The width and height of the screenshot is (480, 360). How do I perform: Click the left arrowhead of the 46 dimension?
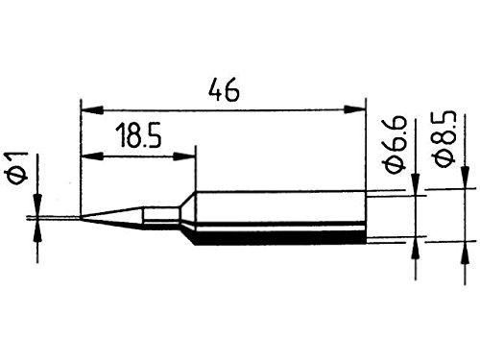[87, 107]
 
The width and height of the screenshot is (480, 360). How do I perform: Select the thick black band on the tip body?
[278, 231]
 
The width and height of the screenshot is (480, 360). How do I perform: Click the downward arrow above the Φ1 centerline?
[38, 205]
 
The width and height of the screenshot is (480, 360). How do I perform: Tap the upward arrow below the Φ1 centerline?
[38, 228]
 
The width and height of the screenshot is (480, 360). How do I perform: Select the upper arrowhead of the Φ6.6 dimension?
[416, 188]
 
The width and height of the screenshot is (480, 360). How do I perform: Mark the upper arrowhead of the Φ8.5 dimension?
[465, 180]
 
